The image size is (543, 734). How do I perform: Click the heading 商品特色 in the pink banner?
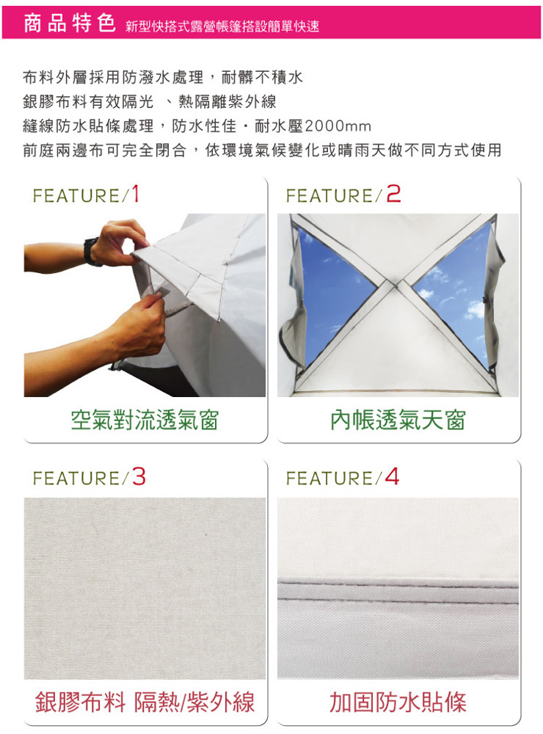[69, 23]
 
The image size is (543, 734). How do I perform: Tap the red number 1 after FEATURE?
[135, 194]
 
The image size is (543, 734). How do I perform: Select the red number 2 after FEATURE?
[394, 194]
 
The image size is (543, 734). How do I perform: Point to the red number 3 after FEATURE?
[139, 477]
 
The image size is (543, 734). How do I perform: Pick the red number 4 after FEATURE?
[393, 477]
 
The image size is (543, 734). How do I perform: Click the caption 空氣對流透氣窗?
[145, 419]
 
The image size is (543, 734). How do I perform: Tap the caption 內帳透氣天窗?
[398, 419]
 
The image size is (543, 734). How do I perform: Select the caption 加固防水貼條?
[398, 702]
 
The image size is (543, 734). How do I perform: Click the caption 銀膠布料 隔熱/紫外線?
[145, 702]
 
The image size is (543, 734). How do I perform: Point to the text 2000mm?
[338, 126]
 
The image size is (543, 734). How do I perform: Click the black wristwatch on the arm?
[91, 251]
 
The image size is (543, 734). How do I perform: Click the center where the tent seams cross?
[395, 283]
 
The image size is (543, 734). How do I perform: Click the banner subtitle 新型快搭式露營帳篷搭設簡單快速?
[222, 26]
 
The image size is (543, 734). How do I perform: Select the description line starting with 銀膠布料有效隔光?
[150, 101]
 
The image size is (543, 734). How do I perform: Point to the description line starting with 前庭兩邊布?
[262, 150]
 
